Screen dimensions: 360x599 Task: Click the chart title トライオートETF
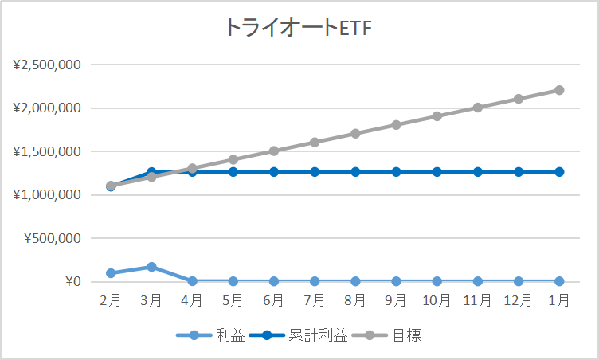click(x=299, y=27)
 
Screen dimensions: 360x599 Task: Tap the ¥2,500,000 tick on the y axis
click(x=47, y=65)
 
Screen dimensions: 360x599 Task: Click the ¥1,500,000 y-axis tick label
click(x=47, y=151)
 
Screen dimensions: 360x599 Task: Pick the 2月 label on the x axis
click(x=111, y=300)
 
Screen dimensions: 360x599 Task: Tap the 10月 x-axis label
click(x=437, y=300)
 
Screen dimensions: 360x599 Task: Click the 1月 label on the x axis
click(x=559, y=300)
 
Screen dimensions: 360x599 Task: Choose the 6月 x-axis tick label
click(x=274, y=300)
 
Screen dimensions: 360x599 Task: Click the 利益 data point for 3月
click(x=151, y=267)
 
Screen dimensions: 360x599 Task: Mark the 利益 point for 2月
click(x=111, y=273)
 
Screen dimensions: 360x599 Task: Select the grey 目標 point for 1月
click(x=559, y=90)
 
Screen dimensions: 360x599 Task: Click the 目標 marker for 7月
click(x=315, y=143)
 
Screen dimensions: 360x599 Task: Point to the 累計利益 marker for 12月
click(x=519, y=172)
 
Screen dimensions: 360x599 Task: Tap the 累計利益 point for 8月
click(x=355, y=172)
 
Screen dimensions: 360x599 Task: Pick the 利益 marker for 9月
click(x=396, y=281)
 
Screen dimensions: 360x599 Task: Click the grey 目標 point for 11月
click(x=478, y=108)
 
